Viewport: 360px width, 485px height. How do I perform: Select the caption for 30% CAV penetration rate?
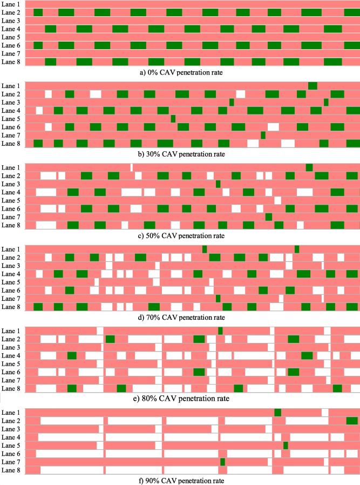tap(180, 153)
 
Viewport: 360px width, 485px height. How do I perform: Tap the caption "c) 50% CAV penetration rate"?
tap(180, 235)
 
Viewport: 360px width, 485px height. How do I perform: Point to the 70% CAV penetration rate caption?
tap(180, 317)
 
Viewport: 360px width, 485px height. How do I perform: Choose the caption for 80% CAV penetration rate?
tap(180, 399)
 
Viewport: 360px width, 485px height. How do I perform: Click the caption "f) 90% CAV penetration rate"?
tap(180, 480)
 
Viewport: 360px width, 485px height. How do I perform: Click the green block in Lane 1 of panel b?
tap(313, 86)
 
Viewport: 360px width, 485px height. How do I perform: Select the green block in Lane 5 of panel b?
tap(173, 119)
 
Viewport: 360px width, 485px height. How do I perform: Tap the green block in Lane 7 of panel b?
tap(263, 135)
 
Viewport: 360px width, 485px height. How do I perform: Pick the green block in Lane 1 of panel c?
tap(309, 167)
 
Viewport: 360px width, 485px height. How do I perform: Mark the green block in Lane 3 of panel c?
tap(218, 184)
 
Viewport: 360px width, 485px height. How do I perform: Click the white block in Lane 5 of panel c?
tap(277, 200)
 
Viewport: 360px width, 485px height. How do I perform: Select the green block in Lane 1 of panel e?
tap(220, 331)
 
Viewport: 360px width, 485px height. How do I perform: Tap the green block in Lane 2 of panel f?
tap(352, 421)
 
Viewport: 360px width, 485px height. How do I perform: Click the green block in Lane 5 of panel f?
tap(286, 446)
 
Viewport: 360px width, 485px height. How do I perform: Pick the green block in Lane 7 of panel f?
tap(222, 462)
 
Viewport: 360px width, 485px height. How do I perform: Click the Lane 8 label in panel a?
tap(11, 62)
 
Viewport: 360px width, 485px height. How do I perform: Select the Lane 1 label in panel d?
tap(11, 250)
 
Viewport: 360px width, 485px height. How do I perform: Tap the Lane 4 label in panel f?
tap(11, 437)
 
